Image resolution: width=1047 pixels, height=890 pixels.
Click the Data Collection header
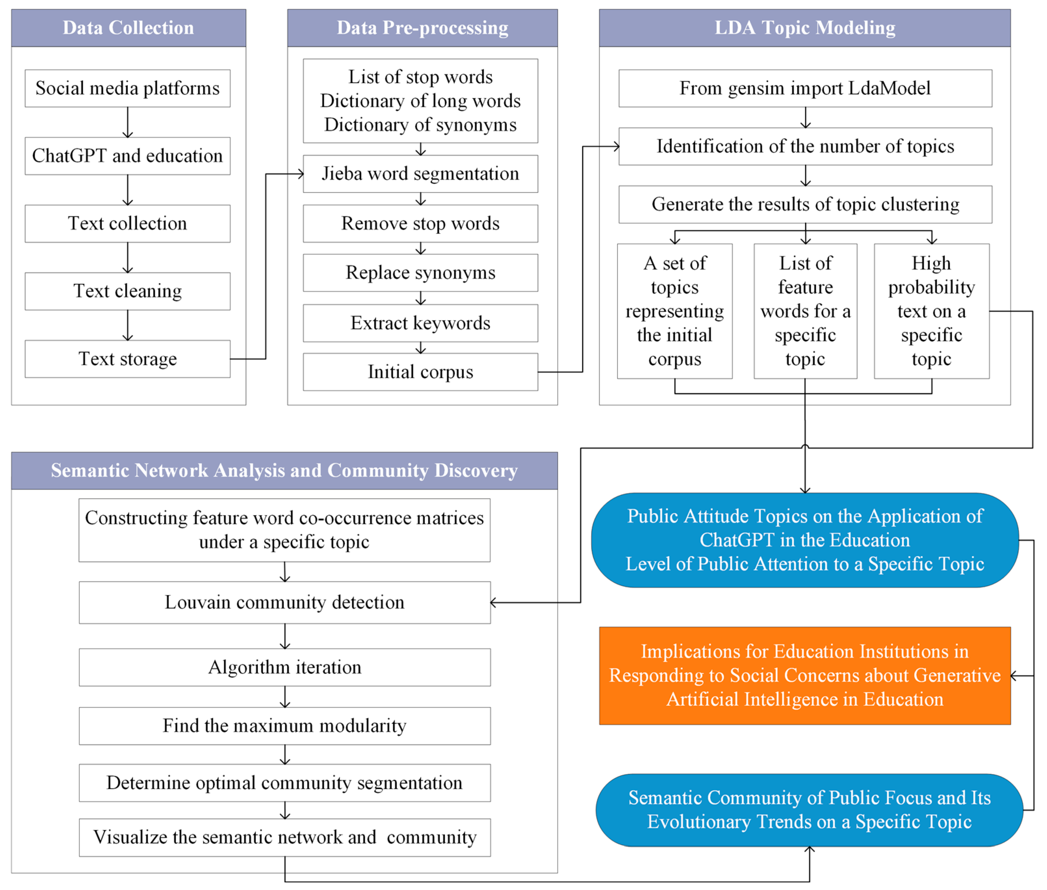tap(128, 28)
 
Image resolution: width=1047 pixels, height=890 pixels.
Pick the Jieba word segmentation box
tap(420, 174)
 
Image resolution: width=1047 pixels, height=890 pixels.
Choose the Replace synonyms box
tap(420, 272)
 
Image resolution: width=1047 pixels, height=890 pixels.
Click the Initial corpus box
tap(420, 372)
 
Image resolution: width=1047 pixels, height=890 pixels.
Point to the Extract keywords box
tap(420, 323)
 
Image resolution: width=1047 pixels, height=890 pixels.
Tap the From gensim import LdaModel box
tap(805, 88)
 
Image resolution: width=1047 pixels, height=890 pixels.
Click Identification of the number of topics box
tap(805, 146)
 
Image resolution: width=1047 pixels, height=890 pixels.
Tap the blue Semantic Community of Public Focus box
tap(809, 809)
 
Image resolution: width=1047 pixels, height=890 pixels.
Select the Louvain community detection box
tap(285, 602)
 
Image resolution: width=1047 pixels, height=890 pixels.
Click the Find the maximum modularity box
tap(285, 726)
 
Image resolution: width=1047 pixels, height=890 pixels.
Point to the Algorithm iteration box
tap(285, 667)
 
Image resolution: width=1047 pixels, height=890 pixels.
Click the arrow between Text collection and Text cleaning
tap(128, 258)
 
